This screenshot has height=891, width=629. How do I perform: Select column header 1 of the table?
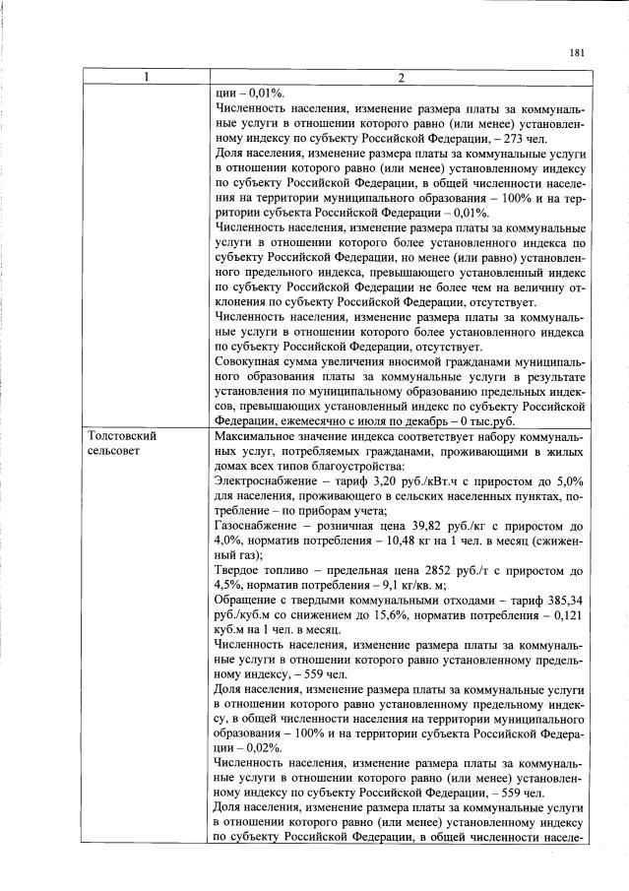pos(147,79)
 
